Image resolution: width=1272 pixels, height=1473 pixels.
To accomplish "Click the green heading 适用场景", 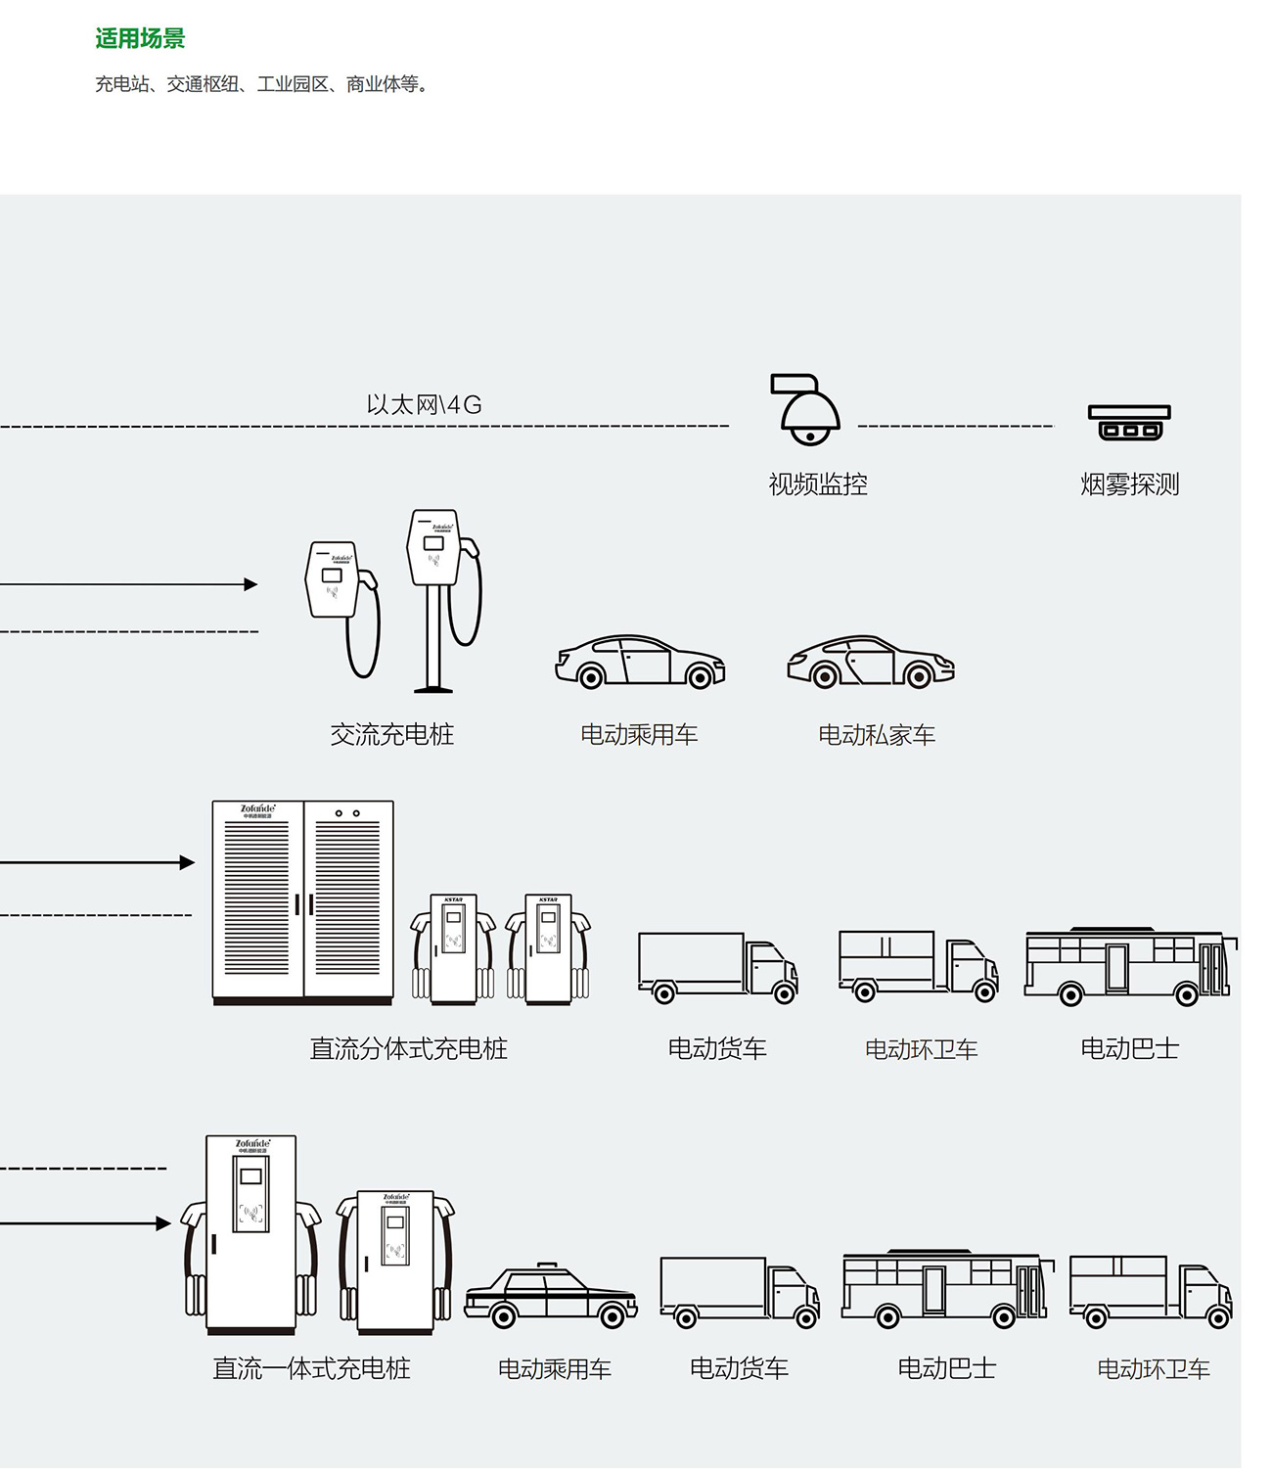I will pos(140,39).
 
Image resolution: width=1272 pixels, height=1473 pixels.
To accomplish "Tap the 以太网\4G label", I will pos(424,404).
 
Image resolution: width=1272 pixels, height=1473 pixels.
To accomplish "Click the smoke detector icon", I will pos(1129,422).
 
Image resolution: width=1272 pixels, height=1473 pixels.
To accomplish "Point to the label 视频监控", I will pos(818,484).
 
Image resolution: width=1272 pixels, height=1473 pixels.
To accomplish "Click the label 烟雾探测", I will pos(1129,484).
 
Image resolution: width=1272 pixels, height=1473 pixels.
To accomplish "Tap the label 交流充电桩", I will pos(391,735).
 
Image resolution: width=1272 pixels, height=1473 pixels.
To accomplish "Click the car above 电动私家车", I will pos(871,663).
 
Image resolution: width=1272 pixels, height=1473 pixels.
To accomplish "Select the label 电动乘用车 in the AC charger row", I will pos(639,735).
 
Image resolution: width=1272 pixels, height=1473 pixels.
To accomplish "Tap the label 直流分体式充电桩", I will pos(408,1049).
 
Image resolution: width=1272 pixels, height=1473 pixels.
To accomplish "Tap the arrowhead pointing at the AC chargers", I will pos(250,584).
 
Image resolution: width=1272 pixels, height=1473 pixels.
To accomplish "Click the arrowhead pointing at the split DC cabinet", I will pos(187,862).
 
